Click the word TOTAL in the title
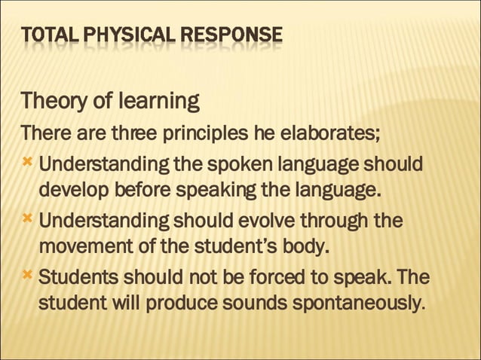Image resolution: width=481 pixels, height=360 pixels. (x=44, y=35)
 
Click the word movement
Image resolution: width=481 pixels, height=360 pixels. (x=77, y=246)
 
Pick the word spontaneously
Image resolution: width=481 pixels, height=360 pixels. (x=354, y=304)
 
